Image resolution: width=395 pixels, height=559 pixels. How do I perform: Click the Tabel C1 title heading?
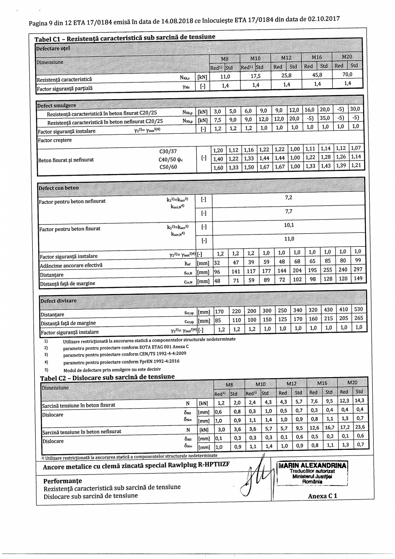[x=125, y=38]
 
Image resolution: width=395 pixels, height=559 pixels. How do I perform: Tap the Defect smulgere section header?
[x=57, y=105]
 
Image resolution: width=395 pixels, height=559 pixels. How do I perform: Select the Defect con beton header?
[x=58, y=188]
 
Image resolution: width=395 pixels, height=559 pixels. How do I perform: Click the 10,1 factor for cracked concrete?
[x=289, y=225]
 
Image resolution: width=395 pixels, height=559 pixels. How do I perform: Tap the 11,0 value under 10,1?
[x=289, y=239]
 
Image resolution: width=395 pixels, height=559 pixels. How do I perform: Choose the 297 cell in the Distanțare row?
[x=358, y=269]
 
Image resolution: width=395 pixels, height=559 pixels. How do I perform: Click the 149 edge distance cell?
[x=358, y=278]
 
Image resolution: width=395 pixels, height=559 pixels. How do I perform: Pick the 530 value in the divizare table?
[x=358, y=310]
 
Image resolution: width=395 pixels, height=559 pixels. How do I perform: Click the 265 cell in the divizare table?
[x=358, y=318]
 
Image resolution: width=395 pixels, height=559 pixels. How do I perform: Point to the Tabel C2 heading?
[x=107, y=377]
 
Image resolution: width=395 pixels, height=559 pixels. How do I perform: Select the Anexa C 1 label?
[x=322, y=496]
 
